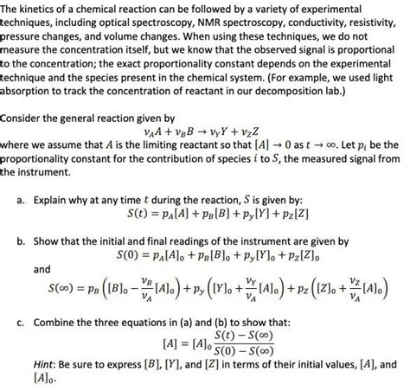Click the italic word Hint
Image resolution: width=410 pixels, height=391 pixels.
coord(48,366)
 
